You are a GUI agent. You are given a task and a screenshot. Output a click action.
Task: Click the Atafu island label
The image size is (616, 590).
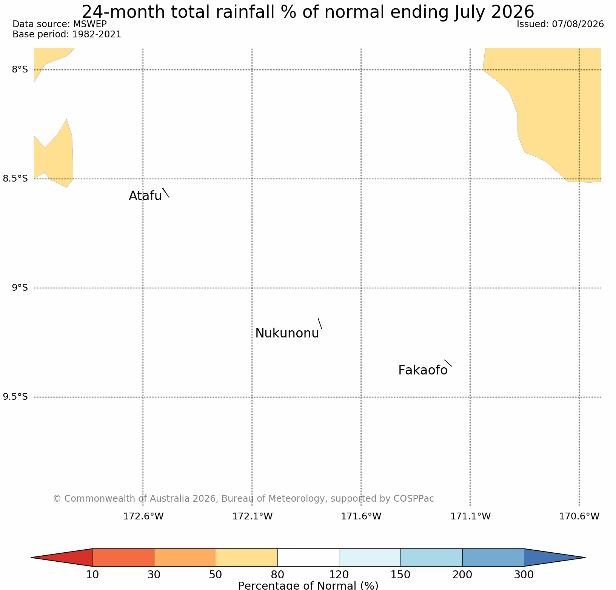pyautogui.click(x=145, y=196)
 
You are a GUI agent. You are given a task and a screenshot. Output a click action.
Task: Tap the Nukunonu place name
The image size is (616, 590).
pyautogui.click(x=287, y=333)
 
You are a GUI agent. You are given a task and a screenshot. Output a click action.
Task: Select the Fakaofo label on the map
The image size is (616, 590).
pyautogui.click(x=423, y=370)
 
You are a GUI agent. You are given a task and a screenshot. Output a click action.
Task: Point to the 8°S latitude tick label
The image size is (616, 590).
pyautogui.click(x=20, y=69)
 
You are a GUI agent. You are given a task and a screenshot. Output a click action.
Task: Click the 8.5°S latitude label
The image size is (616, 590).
pyautogui.click(x=15, y=179)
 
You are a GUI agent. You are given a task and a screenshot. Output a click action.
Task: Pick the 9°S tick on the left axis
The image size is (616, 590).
pyautogui.click(x=20, y=288)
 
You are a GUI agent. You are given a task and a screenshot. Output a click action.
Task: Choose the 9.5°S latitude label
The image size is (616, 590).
pyautogui.click(x=15, y=397)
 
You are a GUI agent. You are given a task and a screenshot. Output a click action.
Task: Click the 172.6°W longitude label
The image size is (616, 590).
pyautogui.click(x=143, y=516)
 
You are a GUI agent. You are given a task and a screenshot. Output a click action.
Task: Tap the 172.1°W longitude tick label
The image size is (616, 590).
pyautogui.click(x=252, y=516)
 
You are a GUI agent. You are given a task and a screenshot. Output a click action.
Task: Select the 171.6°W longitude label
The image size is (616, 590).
pyautogui.click(x=361, y=516)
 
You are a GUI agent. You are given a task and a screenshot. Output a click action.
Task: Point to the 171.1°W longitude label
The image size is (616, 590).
pyautogui.click(x=470, y=516)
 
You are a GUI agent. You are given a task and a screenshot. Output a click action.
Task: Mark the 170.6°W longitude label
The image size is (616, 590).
pyautogui.click(x=579, y=516)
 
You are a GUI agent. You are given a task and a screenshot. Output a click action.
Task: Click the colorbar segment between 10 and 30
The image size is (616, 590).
pyautogui.click(x=123, y=558)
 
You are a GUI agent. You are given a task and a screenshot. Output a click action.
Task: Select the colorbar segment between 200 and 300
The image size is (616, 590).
pyautogui.click(x=493, y=558)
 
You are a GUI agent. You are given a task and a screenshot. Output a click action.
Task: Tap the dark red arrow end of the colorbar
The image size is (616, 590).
pyautogui.click(x=62, y=558)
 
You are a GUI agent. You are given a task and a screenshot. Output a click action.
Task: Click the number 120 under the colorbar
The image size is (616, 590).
pyautogui.click(x=339, y=575)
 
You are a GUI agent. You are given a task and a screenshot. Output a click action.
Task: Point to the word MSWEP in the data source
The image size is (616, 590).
pyautogui.click(x=90, y=24)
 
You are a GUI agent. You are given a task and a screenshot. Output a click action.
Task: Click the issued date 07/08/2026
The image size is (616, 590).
pyautogui.click(x=578, y=24)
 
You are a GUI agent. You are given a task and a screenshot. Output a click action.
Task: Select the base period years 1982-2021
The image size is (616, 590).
pyautogui.click(x=97, y=34)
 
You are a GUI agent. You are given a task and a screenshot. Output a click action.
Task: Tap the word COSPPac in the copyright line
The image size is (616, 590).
pyautogui.click(x=414, y=499)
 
